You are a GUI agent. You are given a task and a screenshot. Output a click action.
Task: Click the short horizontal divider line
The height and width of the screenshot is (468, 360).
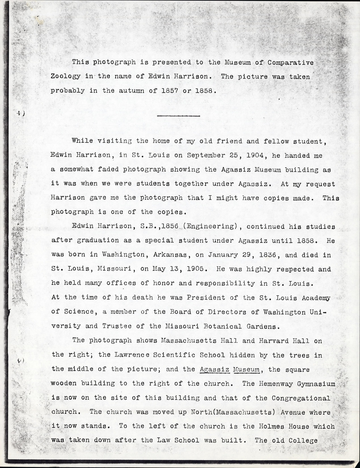point(179,116)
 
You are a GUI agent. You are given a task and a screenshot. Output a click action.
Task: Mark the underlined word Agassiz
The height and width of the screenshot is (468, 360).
point(214,369)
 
